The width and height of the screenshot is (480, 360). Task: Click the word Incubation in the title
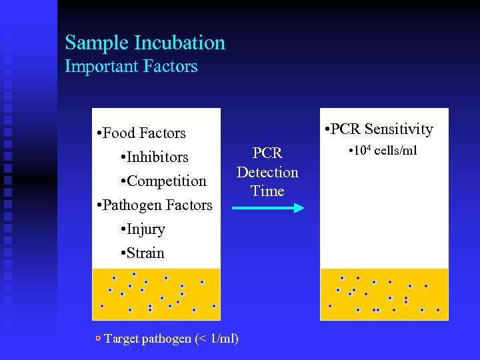pyautogui.click(x=179, y=43)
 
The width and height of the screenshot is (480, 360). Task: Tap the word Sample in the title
pyautogui.click(x=97, y=43)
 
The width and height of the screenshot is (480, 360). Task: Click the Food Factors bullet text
pyautogui.click(x=141, y=133)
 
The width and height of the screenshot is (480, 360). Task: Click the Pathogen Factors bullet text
pyautogui.click(x=155, y=205)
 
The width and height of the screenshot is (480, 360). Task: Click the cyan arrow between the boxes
pyautogui.click(x=267, y=208)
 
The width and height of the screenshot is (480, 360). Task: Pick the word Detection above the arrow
pyautogui.click(x=267, y=172)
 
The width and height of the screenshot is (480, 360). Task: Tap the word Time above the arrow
pyautogui.click(x=267, y=191)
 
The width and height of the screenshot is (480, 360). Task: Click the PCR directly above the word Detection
pyautogui.click(x=267, y=153)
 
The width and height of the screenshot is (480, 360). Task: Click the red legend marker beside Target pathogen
pyautogui.click(x=98, y=339)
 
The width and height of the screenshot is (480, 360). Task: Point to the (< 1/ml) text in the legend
pyautogui.click(x=216, y=339)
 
